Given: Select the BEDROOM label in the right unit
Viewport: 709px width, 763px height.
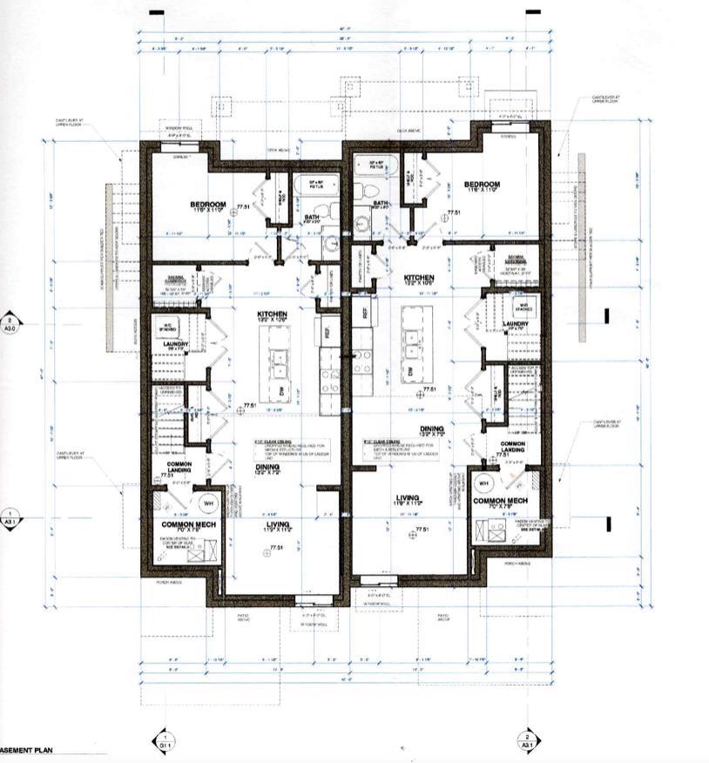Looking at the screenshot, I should click(482, 185).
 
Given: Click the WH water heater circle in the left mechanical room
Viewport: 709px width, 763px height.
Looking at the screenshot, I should click(208, 503).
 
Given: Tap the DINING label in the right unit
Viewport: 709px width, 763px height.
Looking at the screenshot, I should click(431, 429).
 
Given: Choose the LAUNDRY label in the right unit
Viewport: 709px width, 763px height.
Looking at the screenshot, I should click(517, 325).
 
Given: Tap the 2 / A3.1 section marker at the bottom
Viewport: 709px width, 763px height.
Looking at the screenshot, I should click(527, 739).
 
